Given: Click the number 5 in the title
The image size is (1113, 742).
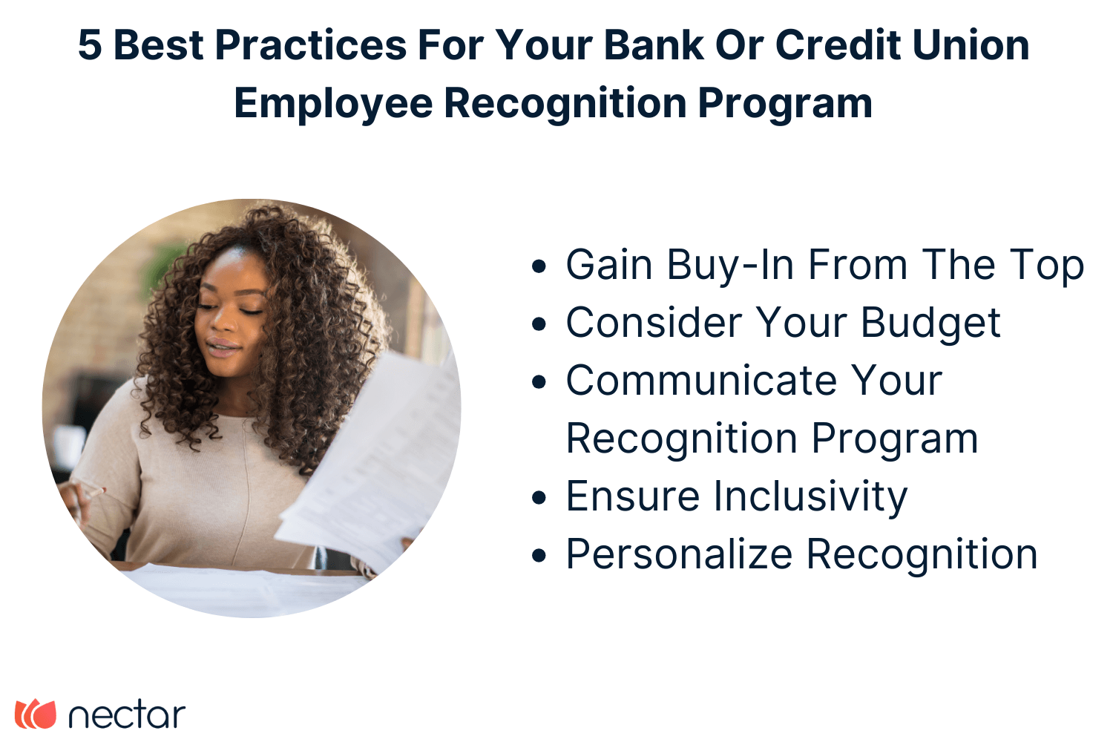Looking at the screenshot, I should tap(89, 45).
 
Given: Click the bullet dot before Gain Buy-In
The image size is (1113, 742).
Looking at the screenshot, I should tap(539, 266).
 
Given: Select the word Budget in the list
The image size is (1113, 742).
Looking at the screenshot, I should tap(930, 324).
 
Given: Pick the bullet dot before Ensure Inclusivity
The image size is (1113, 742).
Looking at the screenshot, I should tap(539, 498).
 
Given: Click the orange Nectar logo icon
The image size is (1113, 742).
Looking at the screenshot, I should tap(36, 714).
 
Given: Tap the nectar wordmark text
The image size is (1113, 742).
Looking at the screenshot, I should tap(126, 715).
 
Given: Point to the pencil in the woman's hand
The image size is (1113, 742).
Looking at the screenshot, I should tap(93, 489).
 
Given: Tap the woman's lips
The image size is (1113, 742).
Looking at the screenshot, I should tap(223, 347).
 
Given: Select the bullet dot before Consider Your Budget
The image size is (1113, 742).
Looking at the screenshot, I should tap(539, 324).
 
